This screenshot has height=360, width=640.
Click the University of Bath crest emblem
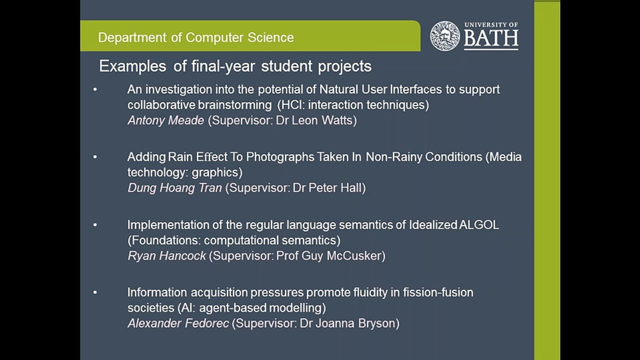[x=444, y=36]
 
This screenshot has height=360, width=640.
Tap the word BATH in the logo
[x=491, y=39]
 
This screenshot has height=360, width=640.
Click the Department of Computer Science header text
[x=195, y=37]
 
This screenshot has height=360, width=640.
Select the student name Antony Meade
[x=165, y=120]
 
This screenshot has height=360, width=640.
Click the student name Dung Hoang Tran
[x=174, y=188]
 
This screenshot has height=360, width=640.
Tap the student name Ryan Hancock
[x=166, y=255]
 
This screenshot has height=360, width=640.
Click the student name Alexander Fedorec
[x=178, y=323]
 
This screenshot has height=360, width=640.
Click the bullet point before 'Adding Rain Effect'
[x=95, y=157]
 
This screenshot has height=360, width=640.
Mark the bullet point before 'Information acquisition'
[x=95, y=292]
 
